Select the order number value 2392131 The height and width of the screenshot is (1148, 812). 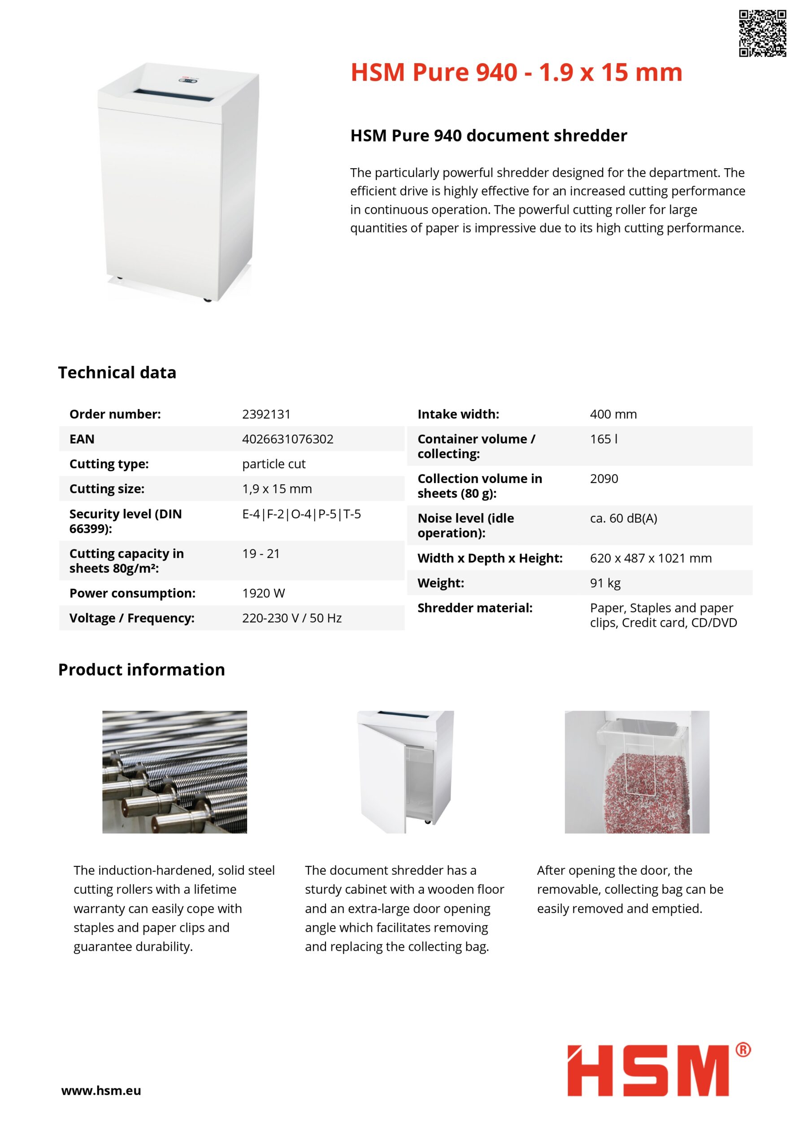point(266,414)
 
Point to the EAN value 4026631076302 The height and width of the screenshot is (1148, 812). point(287,439)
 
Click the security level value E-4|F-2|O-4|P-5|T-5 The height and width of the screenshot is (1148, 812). point(301,514)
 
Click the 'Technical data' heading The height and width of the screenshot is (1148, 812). point(117,373)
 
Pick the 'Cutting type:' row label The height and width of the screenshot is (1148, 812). point(109,464)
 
